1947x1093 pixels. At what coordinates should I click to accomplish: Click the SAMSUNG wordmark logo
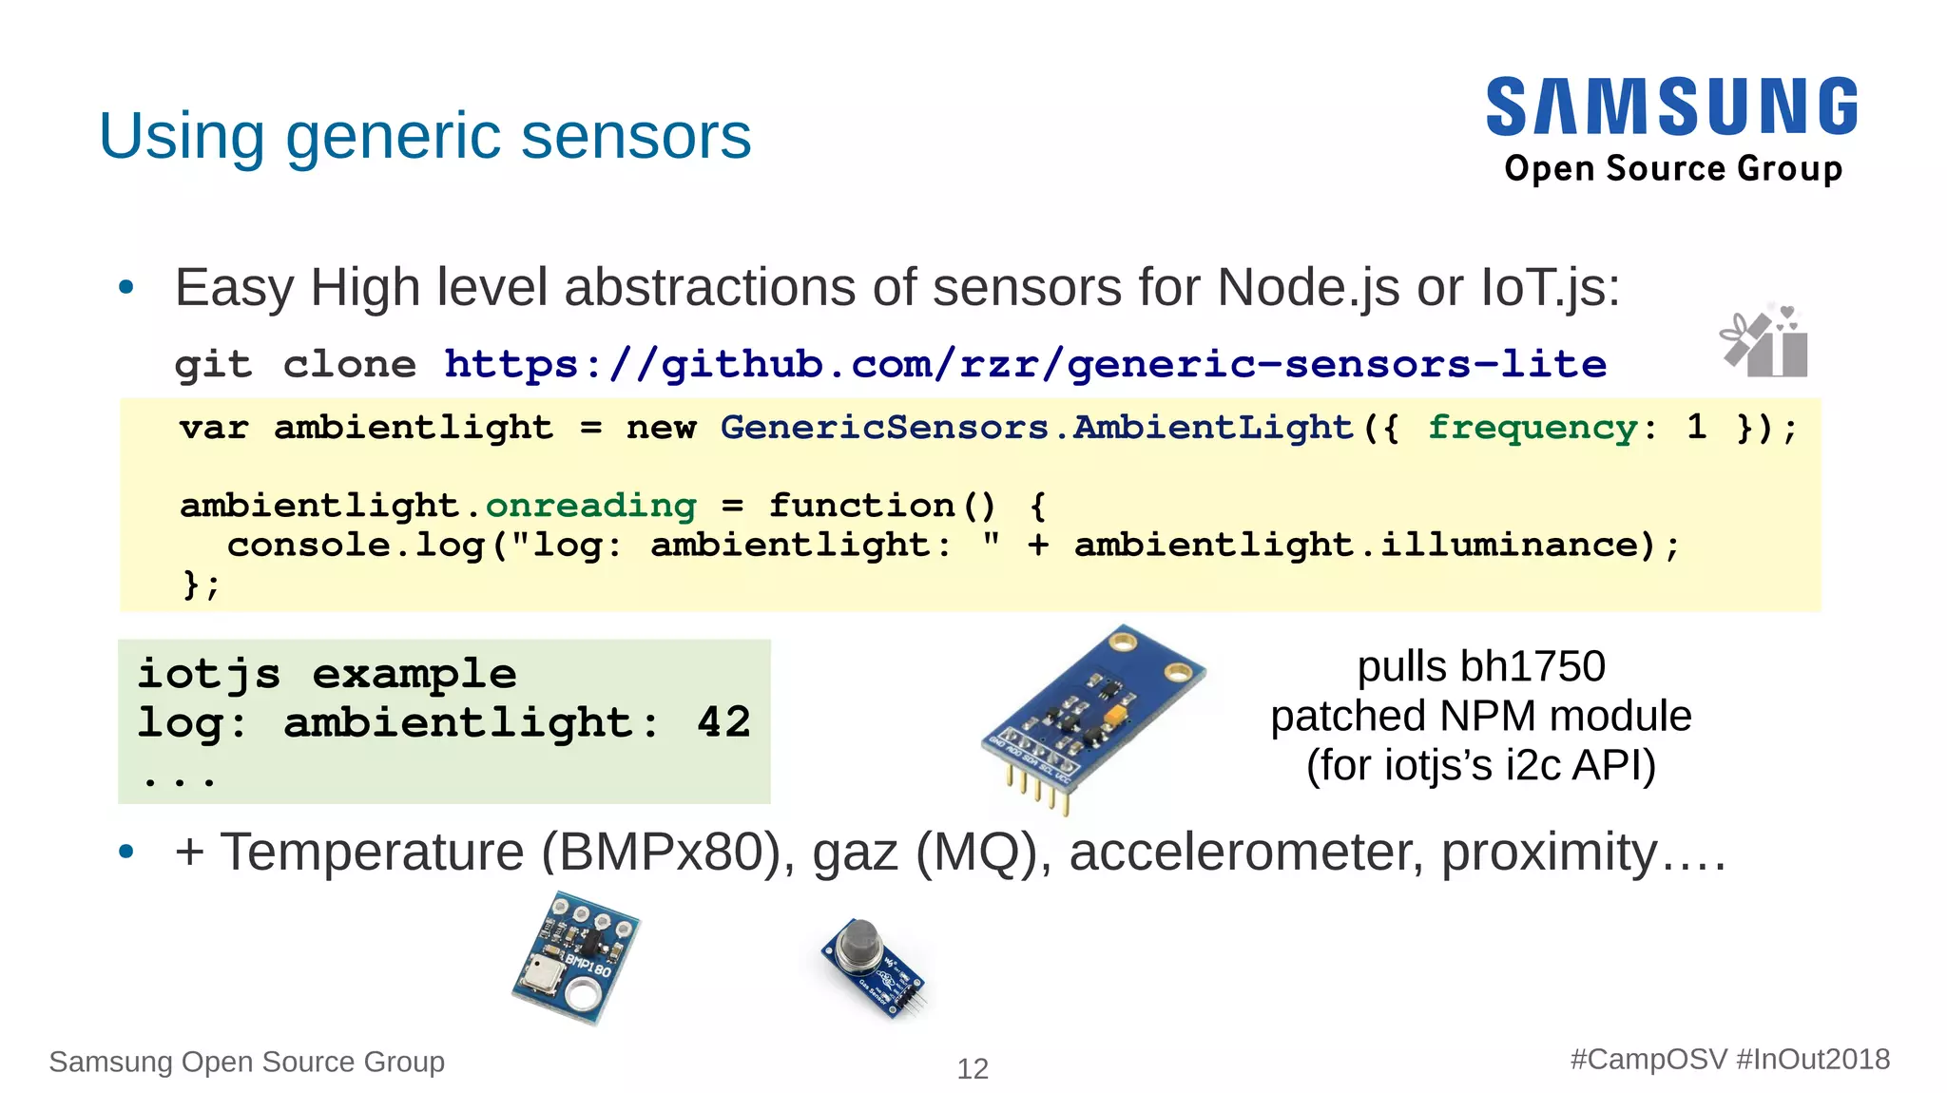(1671, 106)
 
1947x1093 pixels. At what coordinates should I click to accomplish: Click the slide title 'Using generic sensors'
(425, 136)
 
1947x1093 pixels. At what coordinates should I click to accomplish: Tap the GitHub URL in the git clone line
(1025, 364)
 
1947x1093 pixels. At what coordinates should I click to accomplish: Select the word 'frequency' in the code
(1532, 428)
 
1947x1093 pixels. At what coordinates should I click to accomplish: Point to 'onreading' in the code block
(590, 506)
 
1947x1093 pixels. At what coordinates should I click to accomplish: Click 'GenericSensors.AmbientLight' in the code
(1036, 428)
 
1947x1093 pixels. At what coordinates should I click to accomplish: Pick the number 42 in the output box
(723, 722)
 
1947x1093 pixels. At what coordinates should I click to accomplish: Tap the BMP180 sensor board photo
(575, 957)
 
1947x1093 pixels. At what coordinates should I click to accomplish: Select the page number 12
(973, 1069)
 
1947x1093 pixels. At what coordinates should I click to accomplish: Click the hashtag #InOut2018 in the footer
(1813, 1060)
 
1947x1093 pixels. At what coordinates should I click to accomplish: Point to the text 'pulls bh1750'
(1480, 666)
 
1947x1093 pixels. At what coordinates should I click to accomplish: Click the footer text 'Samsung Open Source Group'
(246, 1062)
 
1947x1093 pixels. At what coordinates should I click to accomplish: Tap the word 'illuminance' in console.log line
(1510, 545)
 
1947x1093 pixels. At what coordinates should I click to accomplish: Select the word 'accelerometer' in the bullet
(1246, 852)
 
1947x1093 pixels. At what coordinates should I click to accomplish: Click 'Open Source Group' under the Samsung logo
(1673, 168)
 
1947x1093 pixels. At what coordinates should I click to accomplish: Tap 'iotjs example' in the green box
(327, 674)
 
